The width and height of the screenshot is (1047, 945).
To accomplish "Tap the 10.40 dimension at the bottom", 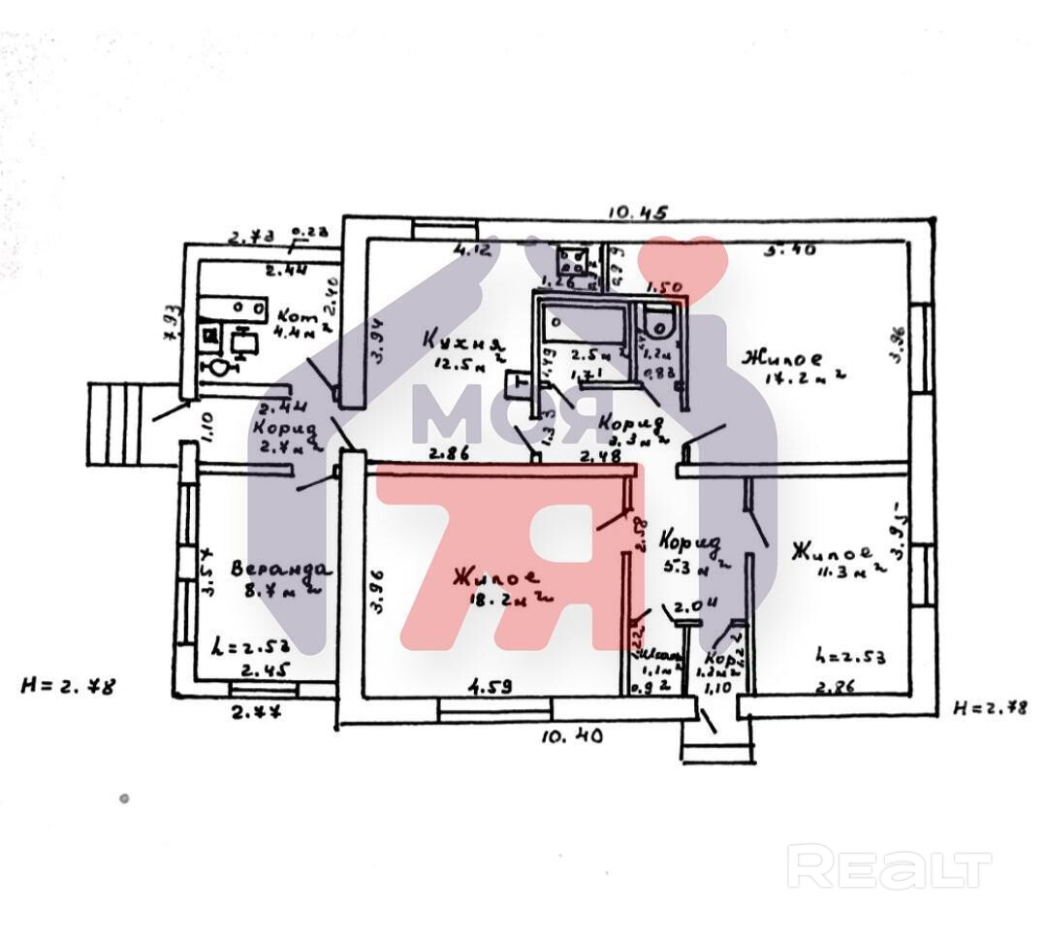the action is tap(572, 736).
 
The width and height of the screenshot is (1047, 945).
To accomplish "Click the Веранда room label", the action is tap(281, 569).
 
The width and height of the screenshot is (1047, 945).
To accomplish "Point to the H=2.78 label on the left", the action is tap(68, 686).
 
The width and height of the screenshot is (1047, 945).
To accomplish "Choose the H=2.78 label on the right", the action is tap(990, 707).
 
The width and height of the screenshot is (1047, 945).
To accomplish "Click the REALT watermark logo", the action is tap(889, 866).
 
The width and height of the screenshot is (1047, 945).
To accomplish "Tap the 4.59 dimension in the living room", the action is tap(491, 688).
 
